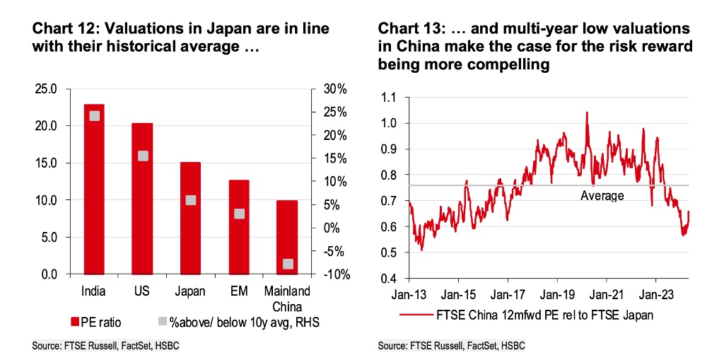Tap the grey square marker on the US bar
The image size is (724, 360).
143,156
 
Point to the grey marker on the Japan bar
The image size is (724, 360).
191,200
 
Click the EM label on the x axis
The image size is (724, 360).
239,291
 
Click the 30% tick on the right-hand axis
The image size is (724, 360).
336,89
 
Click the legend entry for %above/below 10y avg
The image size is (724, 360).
233,323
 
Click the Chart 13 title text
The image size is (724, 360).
533,46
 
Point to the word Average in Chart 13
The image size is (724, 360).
602,196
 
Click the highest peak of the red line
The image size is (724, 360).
586,112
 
